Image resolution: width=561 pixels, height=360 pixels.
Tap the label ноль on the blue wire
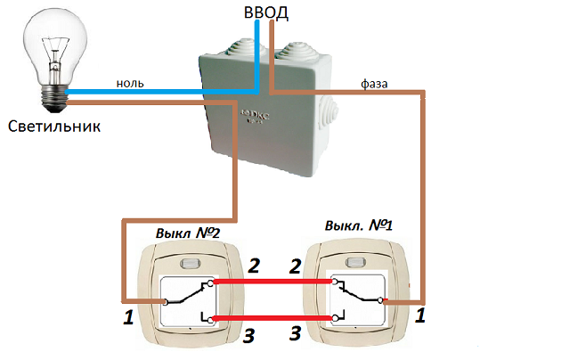coord(130,83)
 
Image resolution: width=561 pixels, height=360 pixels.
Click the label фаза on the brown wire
coord(374,83)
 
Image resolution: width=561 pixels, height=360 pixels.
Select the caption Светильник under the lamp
coord(54,126)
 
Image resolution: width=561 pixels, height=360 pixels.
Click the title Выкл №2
coord(188,233)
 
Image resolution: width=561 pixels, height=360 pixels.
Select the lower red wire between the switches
coord(272,317)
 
